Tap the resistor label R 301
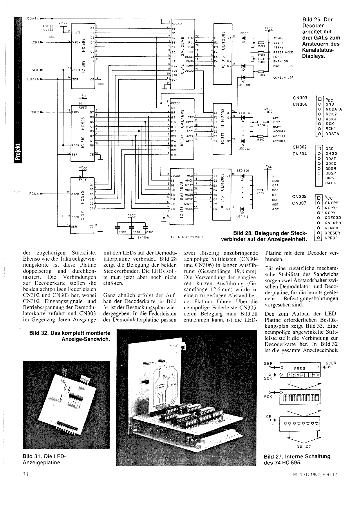pyautogui.click(x=261, y=46)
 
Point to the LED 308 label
pyautogui.click(x=244, y=85)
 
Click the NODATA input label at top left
pyautogui.click(x=32, y=18)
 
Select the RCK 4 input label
pyautogui.click(x=34, y=194)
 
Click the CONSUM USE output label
pyautogui.click(x=283, y=77)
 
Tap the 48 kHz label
pyautogui.click(x=278, y=48)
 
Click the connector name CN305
pyautogui.click(x=299, y=197)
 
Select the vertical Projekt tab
pyautogui.click(x=18, y=152)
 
